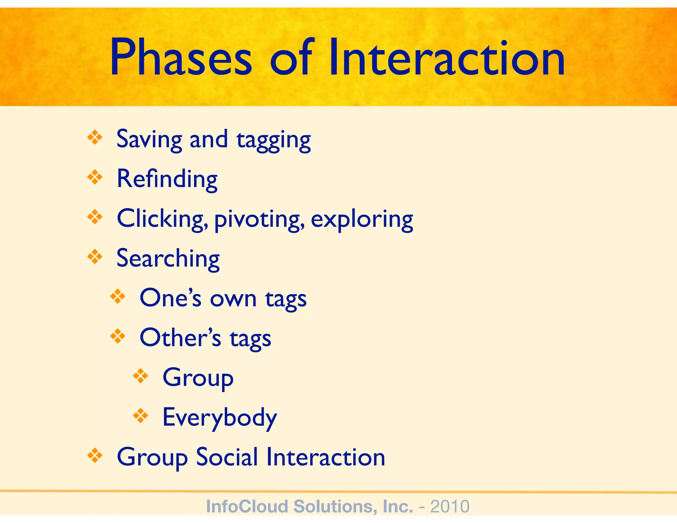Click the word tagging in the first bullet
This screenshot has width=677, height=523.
click(274, 140)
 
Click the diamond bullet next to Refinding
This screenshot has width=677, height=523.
click(95, 178)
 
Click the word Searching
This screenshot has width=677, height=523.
click(168, 259)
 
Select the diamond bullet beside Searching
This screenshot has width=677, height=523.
click(95, 257)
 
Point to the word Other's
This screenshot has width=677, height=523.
click(180, 338)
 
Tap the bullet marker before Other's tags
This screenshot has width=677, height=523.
click(118, 337)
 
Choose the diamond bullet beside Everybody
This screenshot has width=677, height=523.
click(140, 416)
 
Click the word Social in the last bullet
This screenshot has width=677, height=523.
click(227, 457)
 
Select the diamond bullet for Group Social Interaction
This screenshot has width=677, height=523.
click(95, 456)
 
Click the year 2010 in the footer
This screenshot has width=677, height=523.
click(450, 506)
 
